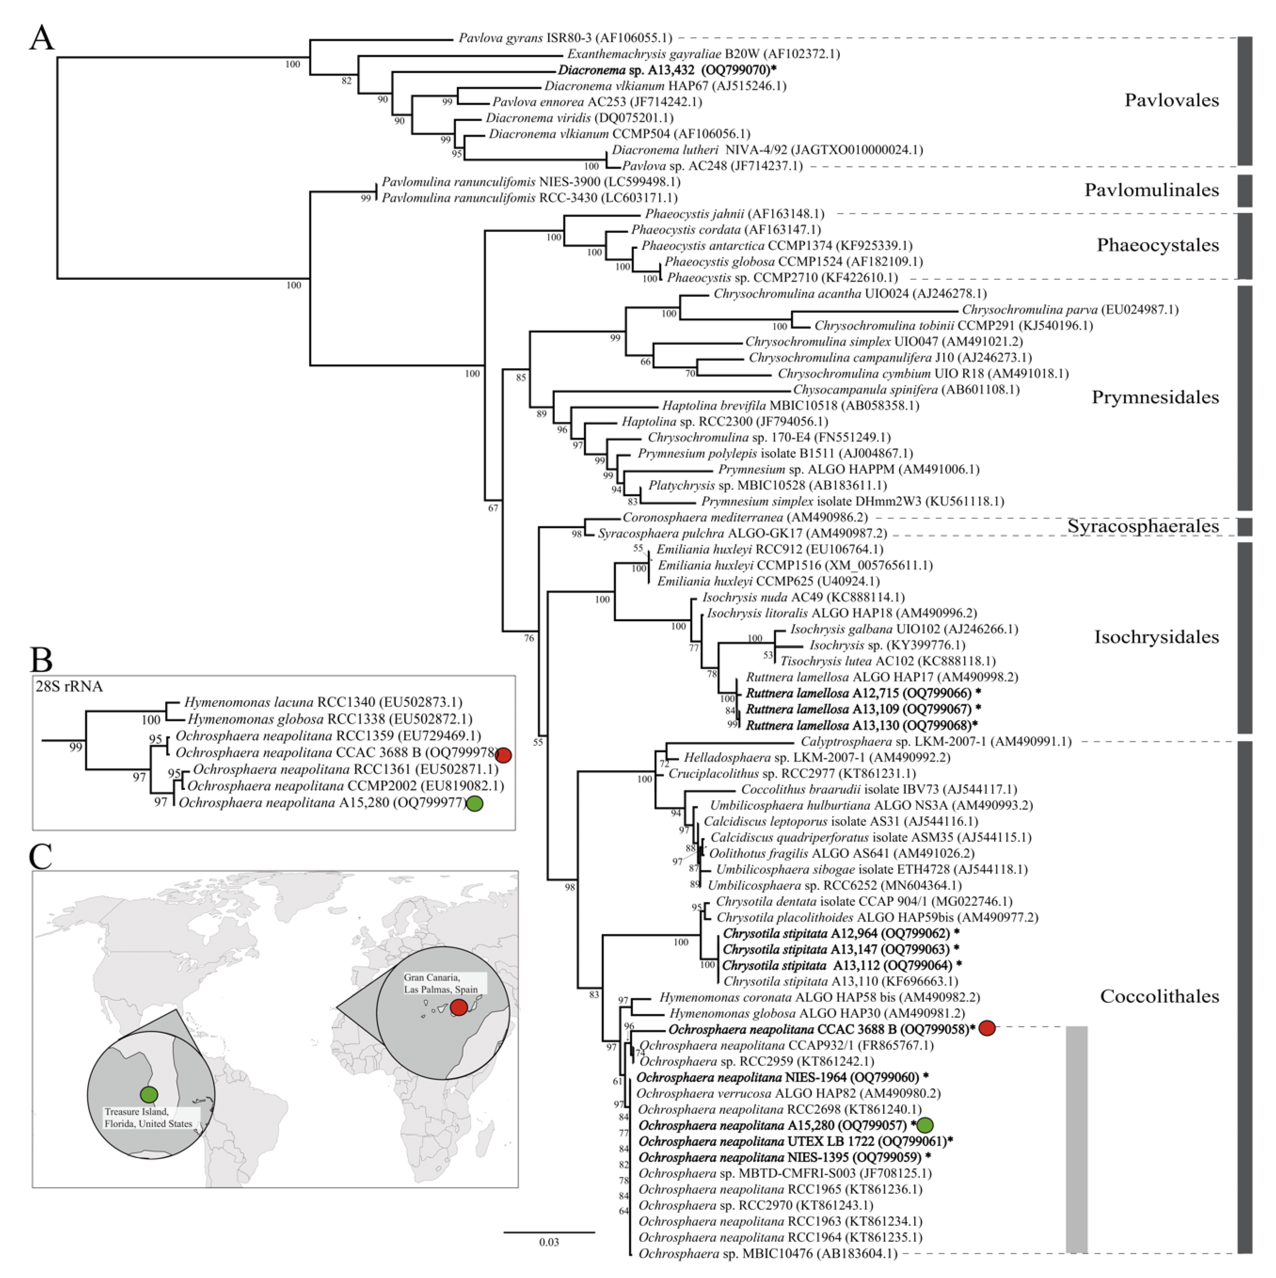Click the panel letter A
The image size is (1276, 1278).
[x=42, y=38]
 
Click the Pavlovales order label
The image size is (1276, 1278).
[x=1172, y=100]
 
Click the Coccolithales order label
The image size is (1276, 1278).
[x=1159, y=996]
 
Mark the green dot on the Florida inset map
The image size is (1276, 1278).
[x=149, y=1094]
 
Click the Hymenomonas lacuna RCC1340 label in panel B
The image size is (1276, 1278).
[x=323, y=702]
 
